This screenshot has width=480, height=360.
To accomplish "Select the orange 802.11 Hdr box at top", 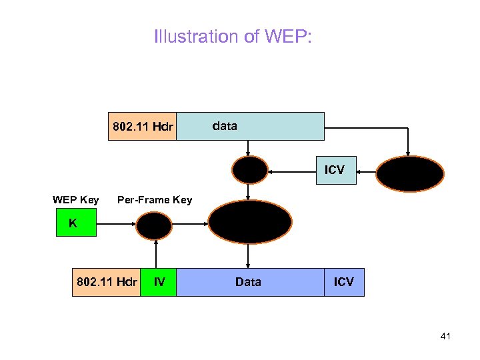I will (x=143, y=126).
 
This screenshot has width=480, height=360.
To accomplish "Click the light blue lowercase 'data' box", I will (x=250, y=126).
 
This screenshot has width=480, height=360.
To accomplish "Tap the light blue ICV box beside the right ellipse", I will (x=335, y=170).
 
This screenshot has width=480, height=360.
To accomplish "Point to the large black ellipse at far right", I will (x=409, y=173).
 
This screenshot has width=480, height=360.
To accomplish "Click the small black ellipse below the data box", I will (x=249, y=170).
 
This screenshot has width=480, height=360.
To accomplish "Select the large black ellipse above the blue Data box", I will (x=250, y=221).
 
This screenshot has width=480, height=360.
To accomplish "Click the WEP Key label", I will (x=76, y=200).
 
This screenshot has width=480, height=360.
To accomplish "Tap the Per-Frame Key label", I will (x=155, y=200).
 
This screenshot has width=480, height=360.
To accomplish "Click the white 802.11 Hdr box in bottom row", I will (x=106, y=282).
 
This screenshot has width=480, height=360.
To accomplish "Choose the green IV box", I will (x=159, y=282).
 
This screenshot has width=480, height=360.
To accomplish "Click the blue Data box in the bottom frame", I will (x=249, y=282).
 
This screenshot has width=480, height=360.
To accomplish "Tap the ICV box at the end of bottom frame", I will (x=344, y=282).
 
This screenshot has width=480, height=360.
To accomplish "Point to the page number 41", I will (x=445, y=336).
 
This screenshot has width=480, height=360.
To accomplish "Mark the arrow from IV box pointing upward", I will (x=157, y=255).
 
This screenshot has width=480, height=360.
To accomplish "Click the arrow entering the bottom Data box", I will (x=249, y=255).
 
